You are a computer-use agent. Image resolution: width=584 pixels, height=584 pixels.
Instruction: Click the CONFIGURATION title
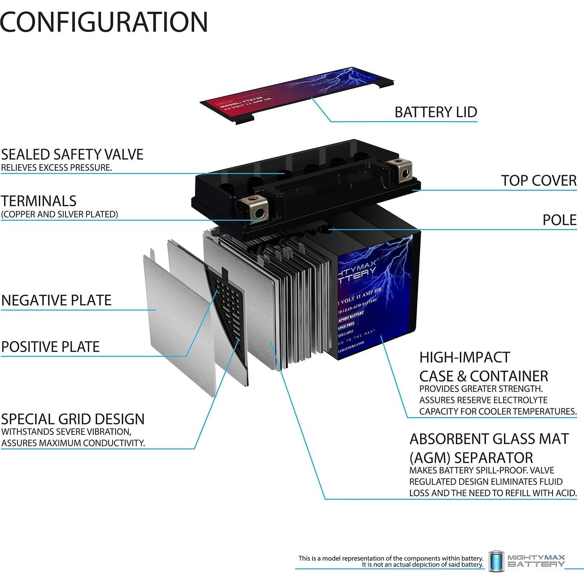coord(104,22)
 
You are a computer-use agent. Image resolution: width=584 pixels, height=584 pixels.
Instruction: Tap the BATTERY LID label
coord(436,112)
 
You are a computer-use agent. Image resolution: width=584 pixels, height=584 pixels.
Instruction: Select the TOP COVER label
coord(539,180)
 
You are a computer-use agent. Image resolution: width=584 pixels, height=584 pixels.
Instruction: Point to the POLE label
coord(559,220)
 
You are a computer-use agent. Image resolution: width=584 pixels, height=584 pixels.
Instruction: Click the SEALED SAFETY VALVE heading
coord(72,154)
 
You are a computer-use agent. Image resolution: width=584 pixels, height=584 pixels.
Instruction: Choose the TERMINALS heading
coord(39,201)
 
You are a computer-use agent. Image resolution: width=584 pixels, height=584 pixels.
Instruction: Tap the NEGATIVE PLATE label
coord(56,300)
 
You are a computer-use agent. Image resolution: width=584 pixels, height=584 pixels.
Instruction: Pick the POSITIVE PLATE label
coord(51,347)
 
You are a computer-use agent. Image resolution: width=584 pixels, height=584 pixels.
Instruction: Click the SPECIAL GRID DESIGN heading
coord(73,419)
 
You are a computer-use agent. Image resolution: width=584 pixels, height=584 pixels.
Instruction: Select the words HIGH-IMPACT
coord(464,357)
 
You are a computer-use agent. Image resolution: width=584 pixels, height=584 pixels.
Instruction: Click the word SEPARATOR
coord(494,458)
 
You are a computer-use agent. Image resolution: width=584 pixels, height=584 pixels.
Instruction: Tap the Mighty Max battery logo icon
coord(496,561)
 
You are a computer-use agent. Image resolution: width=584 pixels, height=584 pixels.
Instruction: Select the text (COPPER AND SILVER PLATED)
coord(60,214)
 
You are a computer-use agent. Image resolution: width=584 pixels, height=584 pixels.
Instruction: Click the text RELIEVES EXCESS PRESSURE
coord(56,168)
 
